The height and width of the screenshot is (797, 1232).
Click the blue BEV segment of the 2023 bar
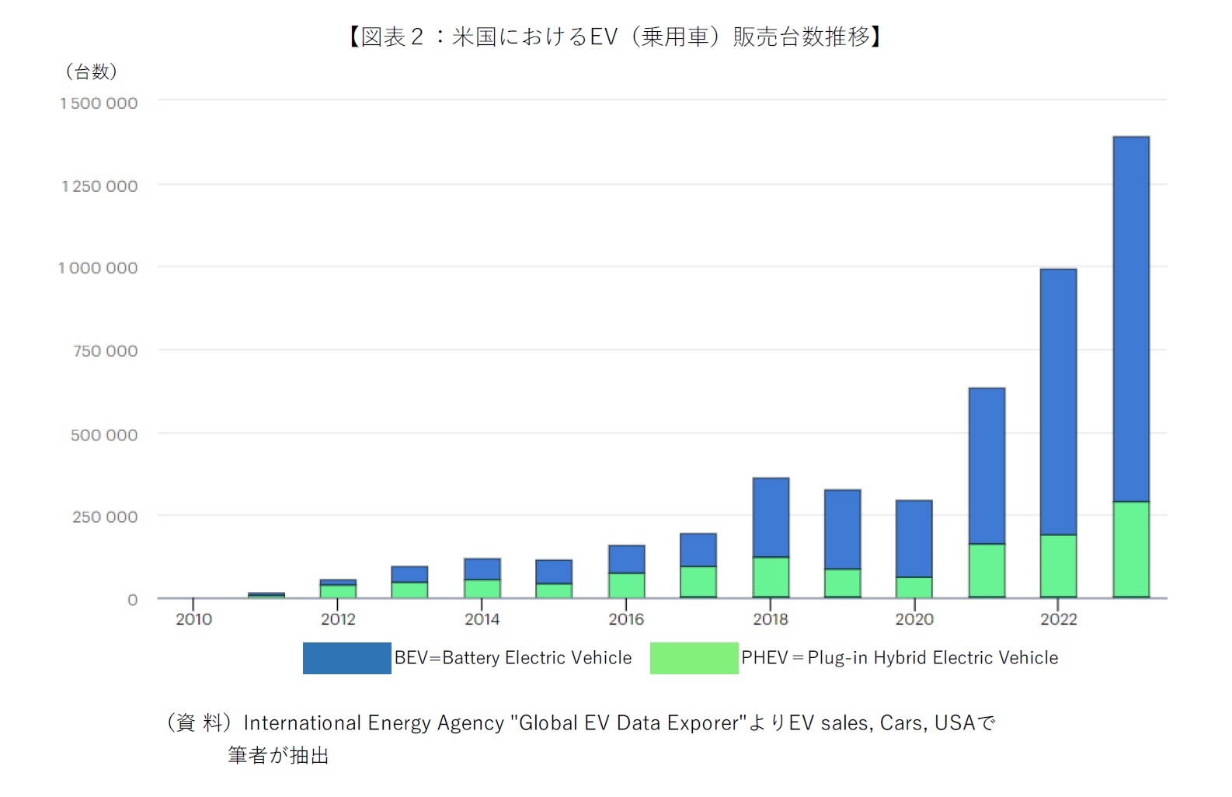point(1130,318)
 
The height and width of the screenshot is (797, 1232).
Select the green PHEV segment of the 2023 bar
point(1130,549)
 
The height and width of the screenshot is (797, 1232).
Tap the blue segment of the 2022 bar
point(1058,402)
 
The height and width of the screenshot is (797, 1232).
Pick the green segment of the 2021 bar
point(987,570)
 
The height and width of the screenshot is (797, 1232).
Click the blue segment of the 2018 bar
point(771,517)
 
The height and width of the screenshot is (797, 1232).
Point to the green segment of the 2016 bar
point(626,585)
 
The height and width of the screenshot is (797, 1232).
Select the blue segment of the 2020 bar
point(914,538)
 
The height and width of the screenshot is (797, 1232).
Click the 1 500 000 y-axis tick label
point(99,103)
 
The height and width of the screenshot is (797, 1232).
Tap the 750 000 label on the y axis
point(105,351)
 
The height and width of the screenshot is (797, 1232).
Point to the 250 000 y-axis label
point(105,517)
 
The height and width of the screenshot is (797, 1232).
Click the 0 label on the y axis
point(132,600)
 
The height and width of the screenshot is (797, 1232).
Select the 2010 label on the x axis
point(193,619)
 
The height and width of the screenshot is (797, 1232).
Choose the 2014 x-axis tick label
point(482,619)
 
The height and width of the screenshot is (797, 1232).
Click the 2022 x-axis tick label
point(1058,619)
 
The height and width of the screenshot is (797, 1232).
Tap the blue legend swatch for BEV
point(346,658)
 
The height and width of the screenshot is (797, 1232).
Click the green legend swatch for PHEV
point(694,658)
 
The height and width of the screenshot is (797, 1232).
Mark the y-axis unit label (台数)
point(92,72)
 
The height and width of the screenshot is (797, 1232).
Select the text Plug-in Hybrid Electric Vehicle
point(932,658)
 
